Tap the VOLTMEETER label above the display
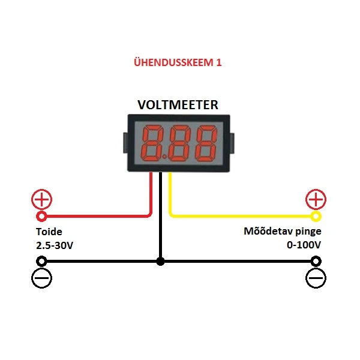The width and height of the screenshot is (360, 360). (178, 105)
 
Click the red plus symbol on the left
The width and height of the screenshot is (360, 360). (42, 200)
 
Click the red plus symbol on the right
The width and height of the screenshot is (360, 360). (316, 200)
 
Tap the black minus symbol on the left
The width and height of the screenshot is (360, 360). (42, 278)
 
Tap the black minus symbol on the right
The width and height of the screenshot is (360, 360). (316, 278)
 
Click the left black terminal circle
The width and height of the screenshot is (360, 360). (42, 262)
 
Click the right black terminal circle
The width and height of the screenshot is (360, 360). (316, 262)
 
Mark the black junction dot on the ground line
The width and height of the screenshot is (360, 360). (160, 262)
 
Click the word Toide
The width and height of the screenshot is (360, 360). (49, 232)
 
